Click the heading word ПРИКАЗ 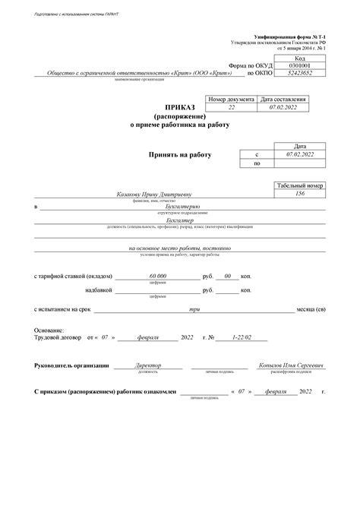click(179, 109)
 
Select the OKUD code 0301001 click(299, 65)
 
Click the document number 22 click(231, 107)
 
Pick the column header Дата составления click(283, 99)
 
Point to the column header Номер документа click(231, 99)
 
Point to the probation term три click(194, 309)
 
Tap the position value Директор click(147, 365)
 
